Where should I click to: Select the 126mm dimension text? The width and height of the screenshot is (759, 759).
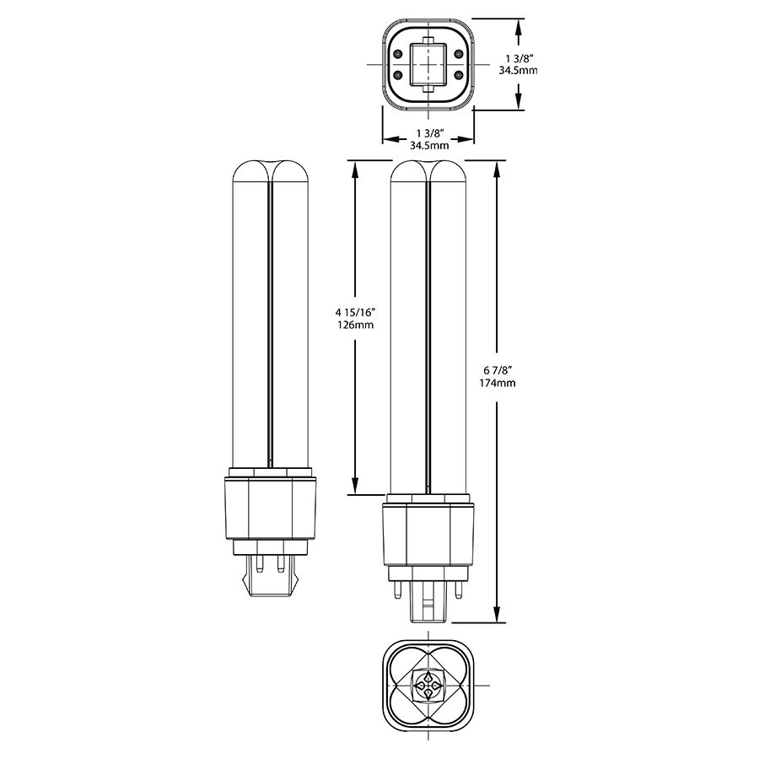(x=353, y=324)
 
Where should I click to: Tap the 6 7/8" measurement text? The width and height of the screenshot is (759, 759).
(x=498, y=370)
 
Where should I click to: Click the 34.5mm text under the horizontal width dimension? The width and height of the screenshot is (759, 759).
(x=428, y=146)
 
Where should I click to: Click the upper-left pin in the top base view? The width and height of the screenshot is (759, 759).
(x=397, y=50)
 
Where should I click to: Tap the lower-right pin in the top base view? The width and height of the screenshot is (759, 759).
(x=459, y=76)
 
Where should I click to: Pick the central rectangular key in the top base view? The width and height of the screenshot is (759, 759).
(x=428, y=62)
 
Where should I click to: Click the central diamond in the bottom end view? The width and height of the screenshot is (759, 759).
(x=428, y=684)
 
